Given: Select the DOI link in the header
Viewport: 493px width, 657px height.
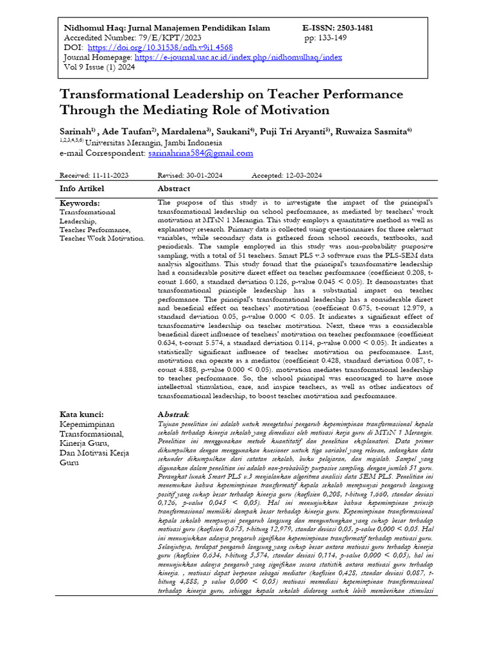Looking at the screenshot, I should (160, 47).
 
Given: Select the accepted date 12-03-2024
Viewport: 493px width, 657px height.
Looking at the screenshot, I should (303, 175).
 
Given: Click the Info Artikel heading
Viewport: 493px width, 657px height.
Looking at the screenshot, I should (82, 189).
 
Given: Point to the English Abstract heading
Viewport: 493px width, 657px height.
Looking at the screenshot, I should (174, 189).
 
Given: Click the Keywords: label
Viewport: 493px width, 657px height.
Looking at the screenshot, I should (81, 203).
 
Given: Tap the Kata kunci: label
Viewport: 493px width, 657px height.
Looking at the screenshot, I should (82, 414).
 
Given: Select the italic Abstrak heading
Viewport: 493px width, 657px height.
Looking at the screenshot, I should (173, 414).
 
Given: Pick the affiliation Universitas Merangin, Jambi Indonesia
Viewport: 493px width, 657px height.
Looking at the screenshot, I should (153, 142).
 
